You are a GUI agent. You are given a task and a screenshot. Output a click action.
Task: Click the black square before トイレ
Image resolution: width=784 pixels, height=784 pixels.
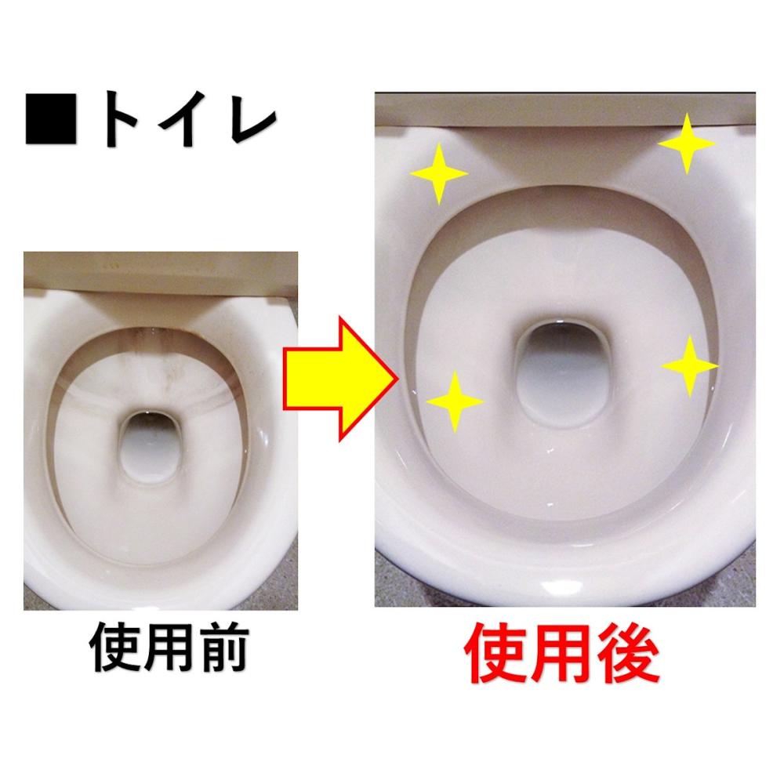point(51,119)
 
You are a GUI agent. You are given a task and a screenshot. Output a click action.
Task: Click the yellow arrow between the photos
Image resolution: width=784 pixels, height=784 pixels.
point(341,379)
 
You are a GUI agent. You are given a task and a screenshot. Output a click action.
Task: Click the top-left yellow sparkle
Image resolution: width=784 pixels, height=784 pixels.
point(439,173)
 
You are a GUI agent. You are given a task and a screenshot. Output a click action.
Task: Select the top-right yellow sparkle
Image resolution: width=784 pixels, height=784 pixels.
point(687,143)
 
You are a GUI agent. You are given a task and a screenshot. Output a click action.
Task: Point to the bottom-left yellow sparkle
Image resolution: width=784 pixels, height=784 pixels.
point(455,401)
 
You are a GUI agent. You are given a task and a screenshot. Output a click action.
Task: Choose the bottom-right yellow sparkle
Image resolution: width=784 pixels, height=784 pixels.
point(690,366)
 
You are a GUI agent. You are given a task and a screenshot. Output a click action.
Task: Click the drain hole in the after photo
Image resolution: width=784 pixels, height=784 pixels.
point(564,372)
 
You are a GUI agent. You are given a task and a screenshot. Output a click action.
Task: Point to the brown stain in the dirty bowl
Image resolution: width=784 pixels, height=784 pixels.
point(155,360)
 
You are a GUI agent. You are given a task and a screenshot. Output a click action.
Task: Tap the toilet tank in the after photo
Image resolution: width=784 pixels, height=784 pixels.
point(565,108)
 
